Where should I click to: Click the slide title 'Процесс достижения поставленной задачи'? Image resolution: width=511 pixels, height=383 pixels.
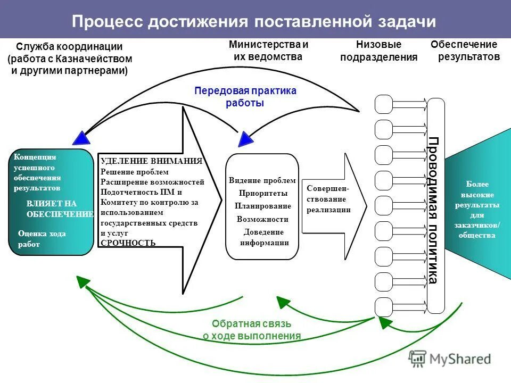254,21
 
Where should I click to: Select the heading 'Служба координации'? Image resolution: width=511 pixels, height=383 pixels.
69,47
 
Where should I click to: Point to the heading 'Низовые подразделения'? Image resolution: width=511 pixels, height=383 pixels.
378,51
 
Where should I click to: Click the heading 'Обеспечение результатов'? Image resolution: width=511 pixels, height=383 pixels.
465,51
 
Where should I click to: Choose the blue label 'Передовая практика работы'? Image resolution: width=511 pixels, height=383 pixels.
245,97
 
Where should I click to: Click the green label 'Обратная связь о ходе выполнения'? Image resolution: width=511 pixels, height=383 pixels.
252,330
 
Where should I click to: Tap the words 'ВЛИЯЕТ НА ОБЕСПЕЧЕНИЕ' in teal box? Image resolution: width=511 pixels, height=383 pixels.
59,209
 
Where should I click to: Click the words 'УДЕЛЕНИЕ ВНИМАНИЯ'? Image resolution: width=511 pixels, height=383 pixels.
151,162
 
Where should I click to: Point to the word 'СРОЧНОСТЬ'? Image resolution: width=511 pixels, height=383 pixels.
128,243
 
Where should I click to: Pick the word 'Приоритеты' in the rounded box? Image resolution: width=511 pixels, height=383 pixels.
263,193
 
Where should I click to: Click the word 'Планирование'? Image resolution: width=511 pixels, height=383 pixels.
263,206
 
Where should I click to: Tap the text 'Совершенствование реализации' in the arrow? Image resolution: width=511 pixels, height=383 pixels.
328,199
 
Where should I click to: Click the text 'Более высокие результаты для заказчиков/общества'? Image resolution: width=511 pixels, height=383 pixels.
476,210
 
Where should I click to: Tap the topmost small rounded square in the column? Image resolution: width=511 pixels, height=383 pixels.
383,104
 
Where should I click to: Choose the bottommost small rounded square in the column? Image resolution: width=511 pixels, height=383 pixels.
383,307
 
